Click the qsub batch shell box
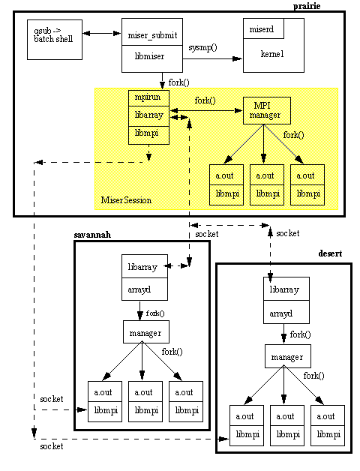click(55, 40)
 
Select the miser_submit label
click(152, 35)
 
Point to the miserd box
click(263, 28)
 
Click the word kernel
click(272, 54)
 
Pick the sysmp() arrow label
click(202, 48)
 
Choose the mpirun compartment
click(148, 98)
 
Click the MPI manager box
click(267, 110)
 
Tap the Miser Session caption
click(126, 200)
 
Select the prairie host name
click(307, 6)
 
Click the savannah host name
click(92, 235)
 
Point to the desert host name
click(330, 253)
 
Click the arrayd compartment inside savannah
click(145, 289)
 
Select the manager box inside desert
click(288, 356)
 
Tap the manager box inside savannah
click(146, 332)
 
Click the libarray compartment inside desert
click(286, 289)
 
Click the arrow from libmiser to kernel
click(212, 58)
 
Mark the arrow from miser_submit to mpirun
click(163, 81)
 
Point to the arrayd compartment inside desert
click(286, 312)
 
